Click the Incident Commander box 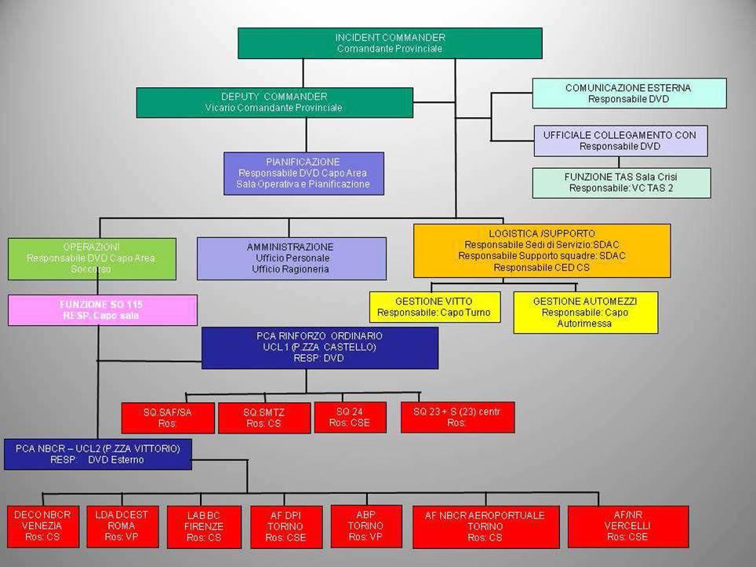(x=390, y=43)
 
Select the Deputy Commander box (x=274, y=102)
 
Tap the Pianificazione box (x=303, y=173)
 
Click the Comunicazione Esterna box (x=629, y=93)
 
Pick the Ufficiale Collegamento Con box (x=620, y=141)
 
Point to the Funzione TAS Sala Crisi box (x=621, y=183)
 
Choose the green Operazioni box (x=92, y=258)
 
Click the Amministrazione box (x=291, y=258)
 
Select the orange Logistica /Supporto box (x=542, y=251)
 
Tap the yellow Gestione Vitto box (x=434, y=306)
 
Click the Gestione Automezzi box (x=585, y=312)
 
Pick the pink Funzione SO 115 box (x=102, y=309)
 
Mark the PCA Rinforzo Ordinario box (x=320, y=347)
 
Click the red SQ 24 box (x=350, y=417)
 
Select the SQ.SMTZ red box (x=264, y=418)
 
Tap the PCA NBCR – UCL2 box (x=98, y=454)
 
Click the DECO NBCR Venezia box (x=43, y=526)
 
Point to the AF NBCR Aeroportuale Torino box (x=485, y=526)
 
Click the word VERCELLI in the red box (x=627, y=525)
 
